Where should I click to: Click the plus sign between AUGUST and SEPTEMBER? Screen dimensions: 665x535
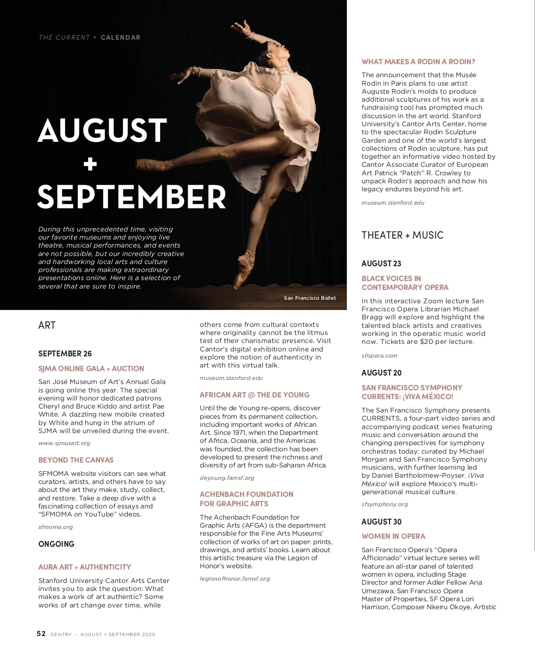click(x=90, y=165)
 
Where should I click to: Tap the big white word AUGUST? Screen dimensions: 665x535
click(x=103, y=131)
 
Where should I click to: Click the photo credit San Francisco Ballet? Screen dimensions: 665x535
click(x=310, y=298)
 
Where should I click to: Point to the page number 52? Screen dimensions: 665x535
click(x=41, y=634)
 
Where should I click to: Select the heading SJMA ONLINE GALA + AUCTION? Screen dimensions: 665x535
click(x=91, y=368)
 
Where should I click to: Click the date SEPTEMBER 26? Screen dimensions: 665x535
click(x=65, y=354)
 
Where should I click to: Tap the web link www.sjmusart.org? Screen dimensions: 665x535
click(x=64, y=443)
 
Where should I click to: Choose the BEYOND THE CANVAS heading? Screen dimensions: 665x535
click(x=76, y=460)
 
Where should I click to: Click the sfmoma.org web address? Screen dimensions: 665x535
click(x=55, y=527)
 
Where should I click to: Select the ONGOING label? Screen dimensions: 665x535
click(x=56, y=544)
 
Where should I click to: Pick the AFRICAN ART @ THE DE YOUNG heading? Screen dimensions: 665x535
click(x=255, y=395)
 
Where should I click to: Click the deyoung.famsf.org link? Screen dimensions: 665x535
click(x=227, y=478)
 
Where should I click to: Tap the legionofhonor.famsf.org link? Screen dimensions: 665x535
click(x=235, y=578)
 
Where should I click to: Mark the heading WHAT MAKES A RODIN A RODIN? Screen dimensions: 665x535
click(x=418, y=62)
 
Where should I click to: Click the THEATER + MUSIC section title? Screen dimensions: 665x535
click(x=402, y=235)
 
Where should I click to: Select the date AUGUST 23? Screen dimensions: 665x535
click(x=381, y=264)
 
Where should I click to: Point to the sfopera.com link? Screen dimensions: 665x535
click(x=379, y=355)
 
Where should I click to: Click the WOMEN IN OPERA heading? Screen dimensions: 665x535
click(x=393, y=536)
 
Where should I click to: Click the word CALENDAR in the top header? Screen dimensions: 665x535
click(x=120, y=37)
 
